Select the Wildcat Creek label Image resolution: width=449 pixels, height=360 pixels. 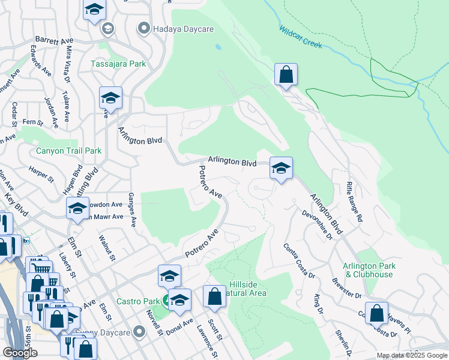coord(300,37)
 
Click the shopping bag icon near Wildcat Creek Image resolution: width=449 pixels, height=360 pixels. coord(286,75)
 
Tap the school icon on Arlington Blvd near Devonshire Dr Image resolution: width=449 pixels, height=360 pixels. coord(280,169)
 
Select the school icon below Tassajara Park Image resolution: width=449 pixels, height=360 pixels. coord(110,98)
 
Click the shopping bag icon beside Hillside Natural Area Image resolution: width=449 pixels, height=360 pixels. coord(214,296)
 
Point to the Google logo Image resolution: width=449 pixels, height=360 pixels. coord(20,353)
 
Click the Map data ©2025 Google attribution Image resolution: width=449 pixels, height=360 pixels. coord(411,355)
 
